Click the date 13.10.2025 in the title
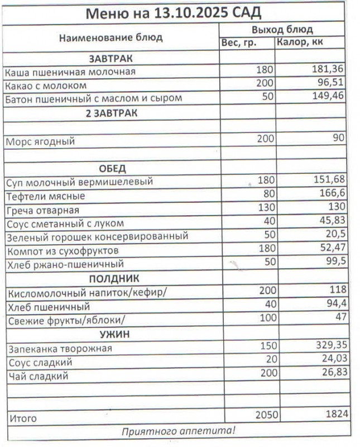(189, 12)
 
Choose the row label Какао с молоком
(46, 85)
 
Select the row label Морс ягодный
(40, 141)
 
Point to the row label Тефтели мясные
(45, 196)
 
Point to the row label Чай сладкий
(37, 376)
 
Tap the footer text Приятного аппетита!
(179, 431)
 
